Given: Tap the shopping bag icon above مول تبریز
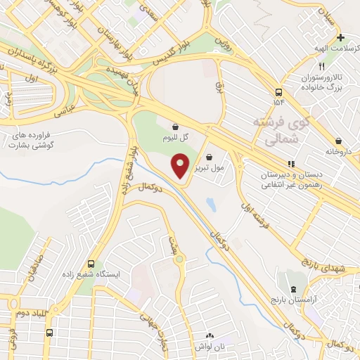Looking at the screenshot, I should pos(210,157).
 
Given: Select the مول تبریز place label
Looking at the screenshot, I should pos(210,169).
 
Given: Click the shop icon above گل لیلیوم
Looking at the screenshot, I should pos(174,127).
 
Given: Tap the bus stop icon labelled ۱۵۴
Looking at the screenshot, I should pos(279,92).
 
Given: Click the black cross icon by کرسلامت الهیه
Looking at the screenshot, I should pos(340,37).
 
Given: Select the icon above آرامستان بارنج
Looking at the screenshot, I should pos(293,290).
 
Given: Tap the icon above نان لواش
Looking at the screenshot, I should pos(209,336).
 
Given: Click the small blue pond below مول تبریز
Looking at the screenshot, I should pos(211,205).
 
